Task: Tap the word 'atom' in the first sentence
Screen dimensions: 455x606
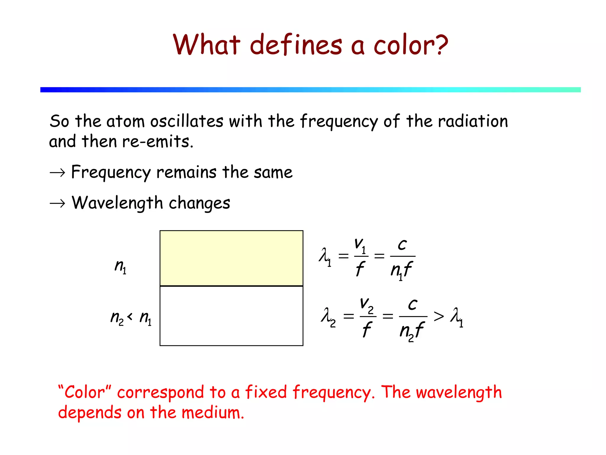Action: [125, 121]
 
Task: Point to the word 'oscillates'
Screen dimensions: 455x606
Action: [186, 121]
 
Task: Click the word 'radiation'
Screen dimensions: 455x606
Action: [473, 121]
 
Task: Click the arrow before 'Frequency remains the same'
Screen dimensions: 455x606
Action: [57, 173]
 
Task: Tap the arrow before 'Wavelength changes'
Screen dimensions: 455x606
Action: [57, 204]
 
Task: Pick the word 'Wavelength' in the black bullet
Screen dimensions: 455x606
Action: [117, 204]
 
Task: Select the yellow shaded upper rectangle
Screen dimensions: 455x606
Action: [231, 258]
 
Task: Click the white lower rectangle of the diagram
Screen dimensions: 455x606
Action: [231, 316]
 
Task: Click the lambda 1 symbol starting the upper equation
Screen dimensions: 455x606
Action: [325, 256]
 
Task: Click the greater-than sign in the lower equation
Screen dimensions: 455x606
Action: [439, 316]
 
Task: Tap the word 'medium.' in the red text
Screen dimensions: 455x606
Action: [213, 413]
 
